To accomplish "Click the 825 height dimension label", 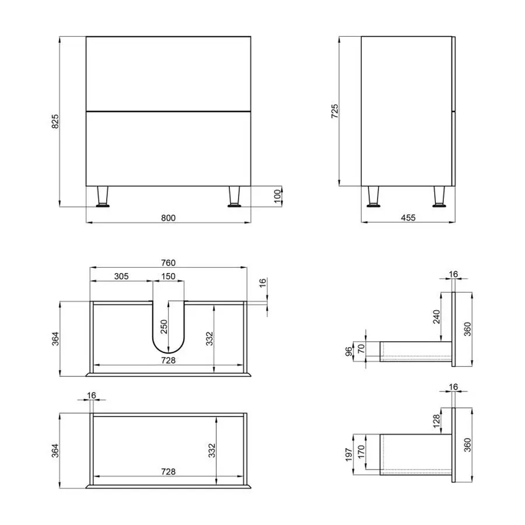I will point(55,121).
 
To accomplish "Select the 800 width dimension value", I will point(168,218).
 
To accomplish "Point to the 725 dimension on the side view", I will point(335,111).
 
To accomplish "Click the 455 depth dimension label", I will point(408,218).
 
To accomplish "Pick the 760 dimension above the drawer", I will point(168,262).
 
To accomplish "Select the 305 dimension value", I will point(121,276).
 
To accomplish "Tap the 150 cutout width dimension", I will point(169,276).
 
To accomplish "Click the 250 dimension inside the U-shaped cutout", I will point(164,327).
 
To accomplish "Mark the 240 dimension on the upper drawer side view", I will point(437,316).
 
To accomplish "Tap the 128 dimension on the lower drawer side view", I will point(437,421).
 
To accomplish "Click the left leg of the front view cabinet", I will point(103,196).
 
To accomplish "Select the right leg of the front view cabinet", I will point(235,196).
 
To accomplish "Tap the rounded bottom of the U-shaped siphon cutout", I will point(169,348).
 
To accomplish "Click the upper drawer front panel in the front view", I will point(168,73).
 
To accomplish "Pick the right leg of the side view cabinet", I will point(437,196).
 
